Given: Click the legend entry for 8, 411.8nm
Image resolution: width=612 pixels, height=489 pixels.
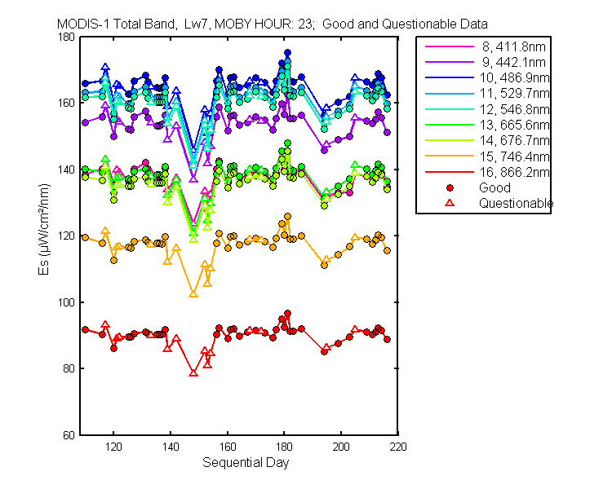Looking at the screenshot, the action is click(x=513, y=46).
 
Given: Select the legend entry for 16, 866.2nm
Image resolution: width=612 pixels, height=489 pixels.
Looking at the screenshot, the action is click(x=514, y=172).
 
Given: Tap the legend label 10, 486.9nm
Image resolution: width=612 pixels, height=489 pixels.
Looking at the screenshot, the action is click(x=514, y=78).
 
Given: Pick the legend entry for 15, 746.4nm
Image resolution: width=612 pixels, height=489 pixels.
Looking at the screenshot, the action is click(x=514, y=156).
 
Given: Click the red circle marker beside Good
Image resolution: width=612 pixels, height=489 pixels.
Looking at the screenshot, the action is click(x=450, y=188).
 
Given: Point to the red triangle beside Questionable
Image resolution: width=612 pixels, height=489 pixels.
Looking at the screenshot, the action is click(x=450, y=203).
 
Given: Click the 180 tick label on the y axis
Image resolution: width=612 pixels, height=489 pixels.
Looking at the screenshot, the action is click(x=66, y=37).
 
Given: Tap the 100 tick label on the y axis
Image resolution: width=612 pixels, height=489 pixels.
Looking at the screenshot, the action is click(x=66, y=302).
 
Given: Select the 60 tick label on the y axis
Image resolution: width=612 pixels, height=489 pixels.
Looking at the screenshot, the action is click(x=69, y=435).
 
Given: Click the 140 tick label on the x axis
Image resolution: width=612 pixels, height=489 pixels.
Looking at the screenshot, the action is click(x=171, y=447).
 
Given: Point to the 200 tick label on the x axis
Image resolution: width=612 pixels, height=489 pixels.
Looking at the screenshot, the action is click(x=341, y=447).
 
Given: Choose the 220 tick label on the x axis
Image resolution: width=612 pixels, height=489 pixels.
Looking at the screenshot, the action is click(x=398, y=447).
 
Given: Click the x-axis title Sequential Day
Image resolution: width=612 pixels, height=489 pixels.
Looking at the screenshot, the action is click(x=246, y=462).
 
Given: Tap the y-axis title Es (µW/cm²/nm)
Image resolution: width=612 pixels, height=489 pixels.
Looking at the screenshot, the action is click(x=44, y=229).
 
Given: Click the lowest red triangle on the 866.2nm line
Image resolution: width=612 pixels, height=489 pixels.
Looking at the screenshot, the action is click(x=193, y=373).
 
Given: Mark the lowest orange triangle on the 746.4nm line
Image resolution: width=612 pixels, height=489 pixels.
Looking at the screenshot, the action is click(x=193, y=293).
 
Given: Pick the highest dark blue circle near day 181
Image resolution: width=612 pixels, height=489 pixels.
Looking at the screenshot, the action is click(x=288, y=53).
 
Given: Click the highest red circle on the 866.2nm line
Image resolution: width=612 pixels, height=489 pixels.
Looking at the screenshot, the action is click(x=288, y=314).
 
